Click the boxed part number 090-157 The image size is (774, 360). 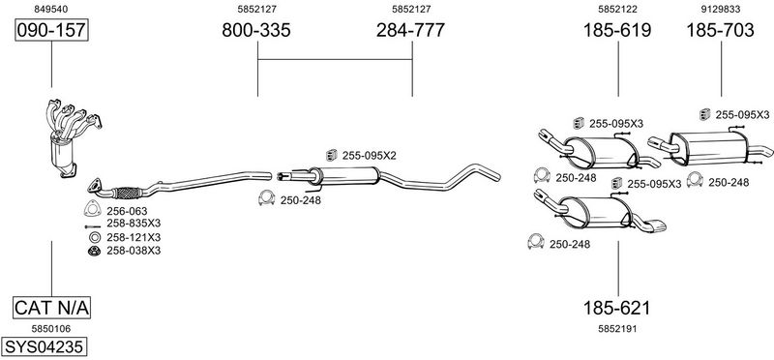click(x=51, y=30)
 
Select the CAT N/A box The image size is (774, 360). click(x=51, y=308)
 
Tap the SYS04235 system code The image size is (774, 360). click(x=45, y=346)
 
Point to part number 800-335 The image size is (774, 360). click(x=256, y=30)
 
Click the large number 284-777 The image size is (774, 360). click(x=410, y=30)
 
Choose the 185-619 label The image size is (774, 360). click(x=617, y=30)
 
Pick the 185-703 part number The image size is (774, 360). click(x=721, y=30)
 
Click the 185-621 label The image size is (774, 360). click(x=617, y=308)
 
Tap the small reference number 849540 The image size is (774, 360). click(x=51, y=9)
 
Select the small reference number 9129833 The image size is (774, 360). click(x=721, y=9)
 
